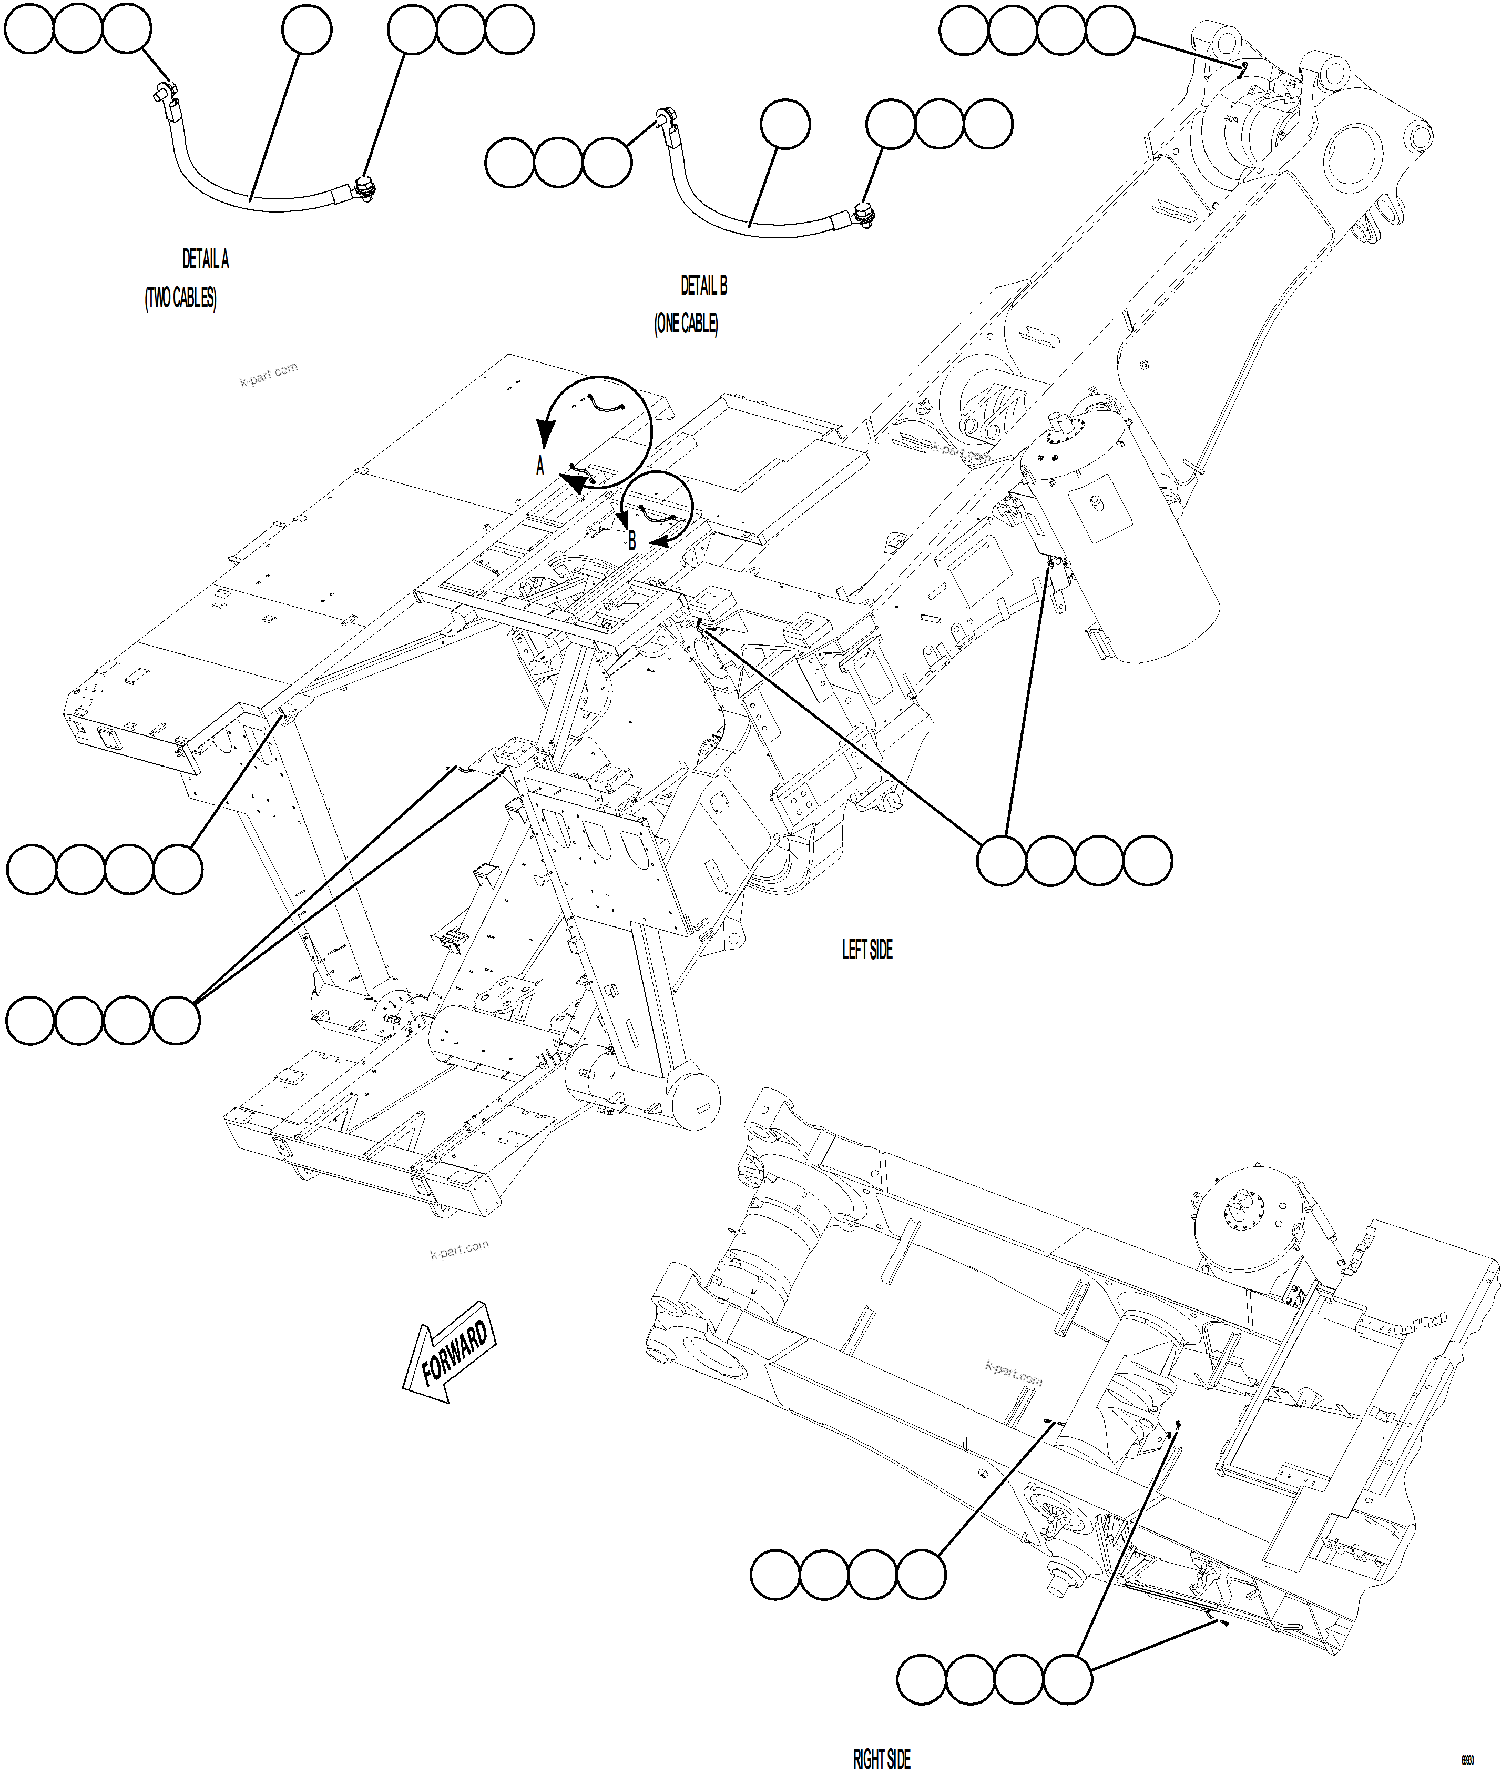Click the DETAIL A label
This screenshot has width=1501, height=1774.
(205, 259)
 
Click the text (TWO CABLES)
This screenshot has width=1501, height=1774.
(180, 298)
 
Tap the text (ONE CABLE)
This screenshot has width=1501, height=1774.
(686, 324)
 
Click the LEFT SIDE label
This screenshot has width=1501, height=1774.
(867, 950)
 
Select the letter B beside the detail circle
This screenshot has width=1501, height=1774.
(631, 540)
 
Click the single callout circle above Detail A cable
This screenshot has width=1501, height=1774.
(307, 30)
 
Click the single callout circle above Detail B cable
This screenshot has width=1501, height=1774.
(784, 124)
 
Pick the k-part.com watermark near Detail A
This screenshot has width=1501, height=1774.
(269, 374)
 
